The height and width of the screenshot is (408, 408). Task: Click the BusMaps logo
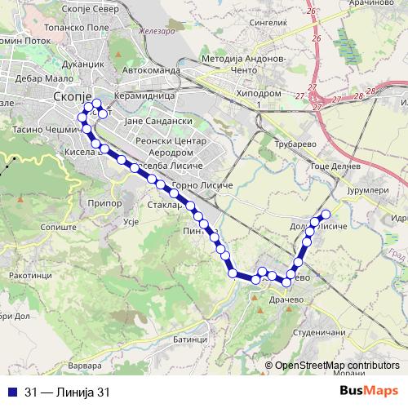[x=369, y=392]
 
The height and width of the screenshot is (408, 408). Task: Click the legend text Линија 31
[x=80, y=392]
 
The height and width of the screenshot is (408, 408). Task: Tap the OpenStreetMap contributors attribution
[x=335, y=366]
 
